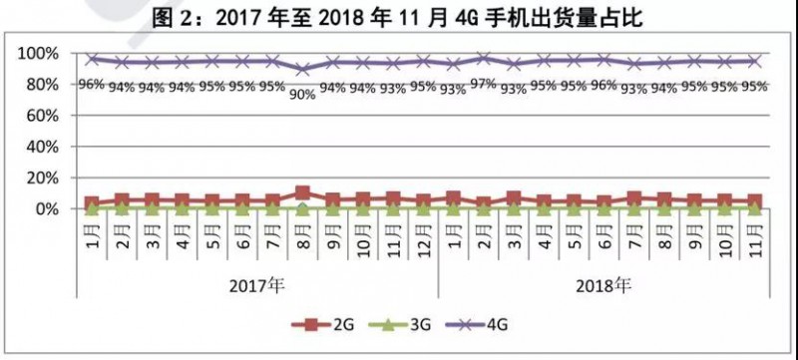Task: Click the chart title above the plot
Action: tap(399, 16)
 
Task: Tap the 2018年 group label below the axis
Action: tap(604, 286)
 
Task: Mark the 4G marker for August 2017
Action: tap(302, 69)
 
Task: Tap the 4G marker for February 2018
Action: tap(483, 59)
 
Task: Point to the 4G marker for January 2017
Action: tap(92, 60)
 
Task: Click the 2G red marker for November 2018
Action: tap(754, 201)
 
